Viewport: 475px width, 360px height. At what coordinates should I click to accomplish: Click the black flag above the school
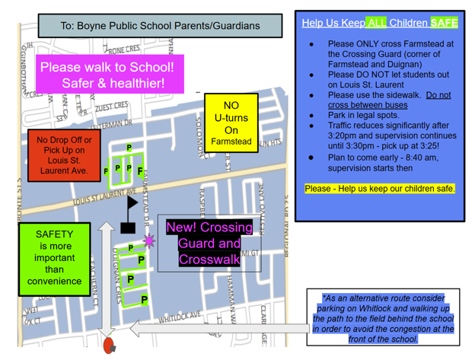(x=132, y=202)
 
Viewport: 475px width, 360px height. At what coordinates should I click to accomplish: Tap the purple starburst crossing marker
(x=148, y=241)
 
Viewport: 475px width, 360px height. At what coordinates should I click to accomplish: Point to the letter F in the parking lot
(x=139, y=172)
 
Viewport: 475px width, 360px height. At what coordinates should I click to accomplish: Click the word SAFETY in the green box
(x=54, y=234)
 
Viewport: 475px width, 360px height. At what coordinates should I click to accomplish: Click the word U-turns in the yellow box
(x=231, y=118)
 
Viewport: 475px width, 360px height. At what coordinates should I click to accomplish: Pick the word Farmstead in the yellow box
(x=231, y=142)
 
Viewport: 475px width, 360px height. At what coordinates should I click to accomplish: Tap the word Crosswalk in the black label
(x=209, y=260)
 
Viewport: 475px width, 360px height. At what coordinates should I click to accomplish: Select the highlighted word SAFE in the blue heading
(x=444, y=23)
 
